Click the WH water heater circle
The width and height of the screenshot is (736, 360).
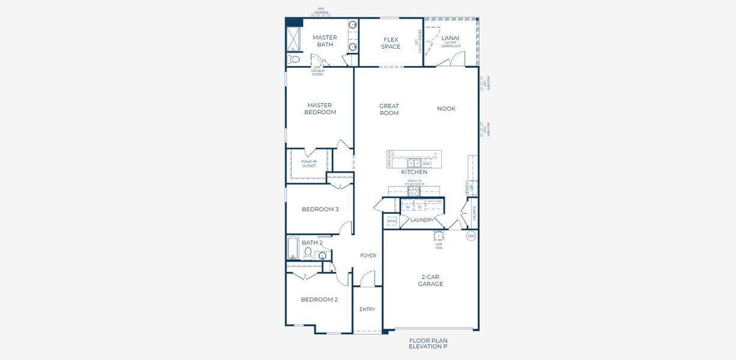point(471,236)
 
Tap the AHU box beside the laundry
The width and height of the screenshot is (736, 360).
point(392,221)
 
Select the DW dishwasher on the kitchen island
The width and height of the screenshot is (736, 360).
point(427,163)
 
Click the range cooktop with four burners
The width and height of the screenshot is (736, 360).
point(414,191)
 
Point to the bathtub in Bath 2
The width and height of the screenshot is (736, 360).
point(293,248)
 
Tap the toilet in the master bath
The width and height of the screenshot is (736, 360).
point(294,59)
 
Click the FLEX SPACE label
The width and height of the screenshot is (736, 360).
point(390,43)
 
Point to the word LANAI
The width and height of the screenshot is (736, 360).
point(450,38)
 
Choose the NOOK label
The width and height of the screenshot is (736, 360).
point(446,109)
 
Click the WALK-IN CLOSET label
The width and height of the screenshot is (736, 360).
point(309,163)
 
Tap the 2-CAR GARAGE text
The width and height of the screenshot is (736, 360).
point(430,280)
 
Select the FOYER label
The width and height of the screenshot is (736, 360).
point(368,256)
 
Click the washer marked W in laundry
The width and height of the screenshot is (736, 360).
point(408,207)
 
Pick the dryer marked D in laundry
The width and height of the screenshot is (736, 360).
point(420,207)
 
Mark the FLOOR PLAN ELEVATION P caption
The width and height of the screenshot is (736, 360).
point(428,343)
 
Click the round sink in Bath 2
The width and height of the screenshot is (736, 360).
point(323,256)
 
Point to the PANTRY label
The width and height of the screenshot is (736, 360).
point(474,213)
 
